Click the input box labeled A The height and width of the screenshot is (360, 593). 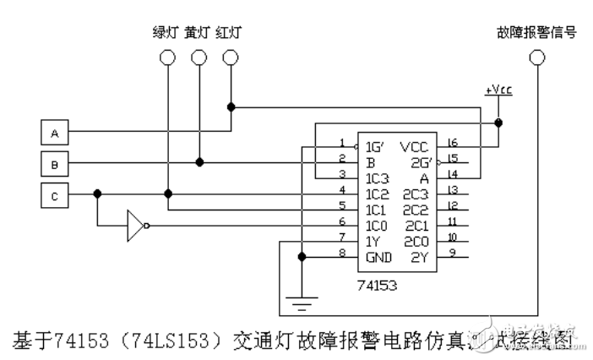coord(55,133)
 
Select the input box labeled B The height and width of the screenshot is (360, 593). coord(55,161)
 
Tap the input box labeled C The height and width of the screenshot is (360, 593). coord(55,195)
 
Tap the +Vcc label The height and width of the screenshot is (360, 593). coord(498,90)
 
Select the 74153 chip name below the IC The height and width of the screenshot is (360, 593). coord(377,285)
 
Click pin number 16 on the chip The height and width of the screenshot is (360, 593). coord(453,142)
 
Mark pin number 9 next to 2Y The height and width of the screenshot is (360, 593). coord(453,251)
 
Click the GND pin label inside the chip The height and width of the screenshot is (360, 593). coord(378,254)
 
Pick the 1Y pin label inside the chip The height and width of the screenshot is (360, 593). coord(373,239)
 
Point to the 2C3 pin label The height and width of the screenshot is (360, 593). coord(416,193)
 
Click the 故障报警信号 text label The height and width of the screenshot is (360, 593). coord(537,32)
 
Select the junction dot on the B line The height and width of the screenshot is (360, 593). coord(199,161)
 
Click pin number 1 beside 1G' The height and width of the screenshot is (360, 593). coord(341,142)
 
